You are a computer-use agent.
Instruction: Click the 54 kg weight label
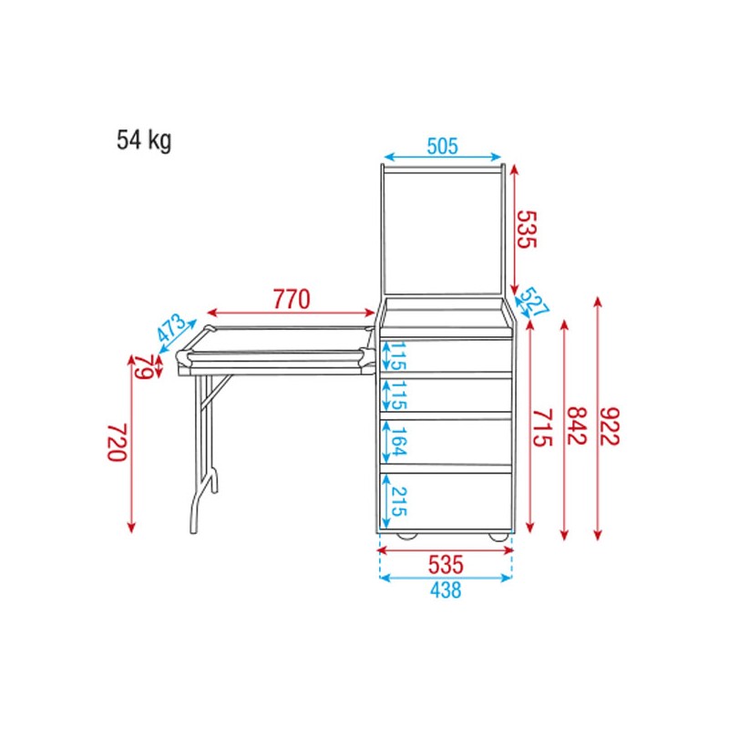click(x=143, y=140)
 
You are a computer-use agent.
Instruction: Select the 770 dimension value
click(x=292, y=298)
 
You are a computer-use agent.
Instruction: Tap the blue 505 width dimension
click(x=442, y=145)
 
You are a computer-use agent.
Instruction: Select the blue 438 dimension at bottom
click(x=445, y=590)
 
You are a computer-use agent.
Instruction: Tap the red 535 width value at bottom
click(x=446, y=564)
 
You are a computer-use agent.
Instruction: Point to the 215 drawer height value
click(x=398, y=501)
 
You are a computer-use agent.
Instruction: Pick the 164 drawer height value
click(x=398, y=444)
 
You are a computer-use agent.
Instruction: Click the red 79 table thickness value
click(x=144, y=366)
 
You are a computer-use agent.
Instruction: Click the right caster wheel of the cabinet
click(x=498, y=536)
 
